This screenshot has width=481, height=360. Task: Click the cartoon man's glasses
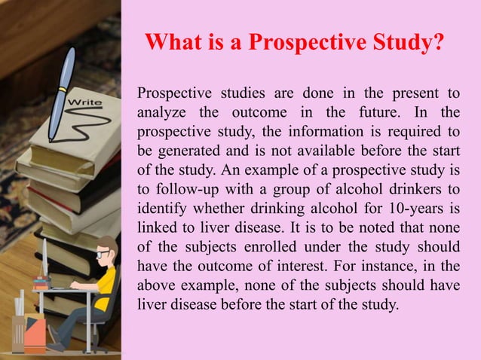tap(104, 255)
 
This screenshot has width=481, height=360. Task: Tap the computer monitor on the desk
tap(44, 260)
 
